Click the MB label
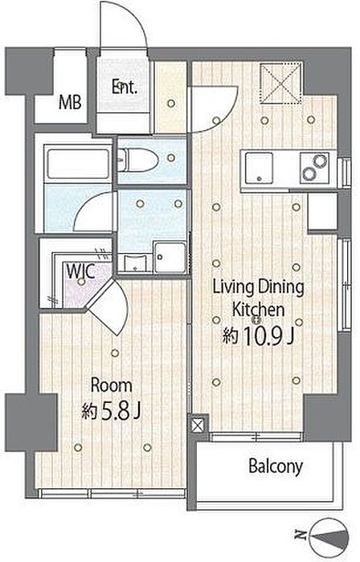click(x=70, y=103)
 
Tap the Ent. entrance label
click(x=124, y=88)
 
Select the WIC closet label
click(x=80, y=271)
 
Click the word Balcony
click(x=276, y=467)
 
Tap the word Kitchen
click(x=258, y=310)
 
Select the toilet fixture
click(x=138, y=161)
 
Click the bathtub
click(x=78, y=164)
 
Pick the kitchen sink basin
click(x=259, y=168)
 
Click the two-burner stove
click(x=314, y=167)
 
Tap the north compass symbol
click(x=329, y=536)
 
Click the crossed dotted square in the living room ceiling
click(x=280, y=83)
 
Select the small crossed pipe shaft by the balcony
click(x=198, y=426)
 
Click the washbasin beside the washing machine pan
click(x=135, y=263)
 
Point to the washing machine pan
click(x=170, y=258)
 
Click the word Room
click(x=111, y=386)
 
